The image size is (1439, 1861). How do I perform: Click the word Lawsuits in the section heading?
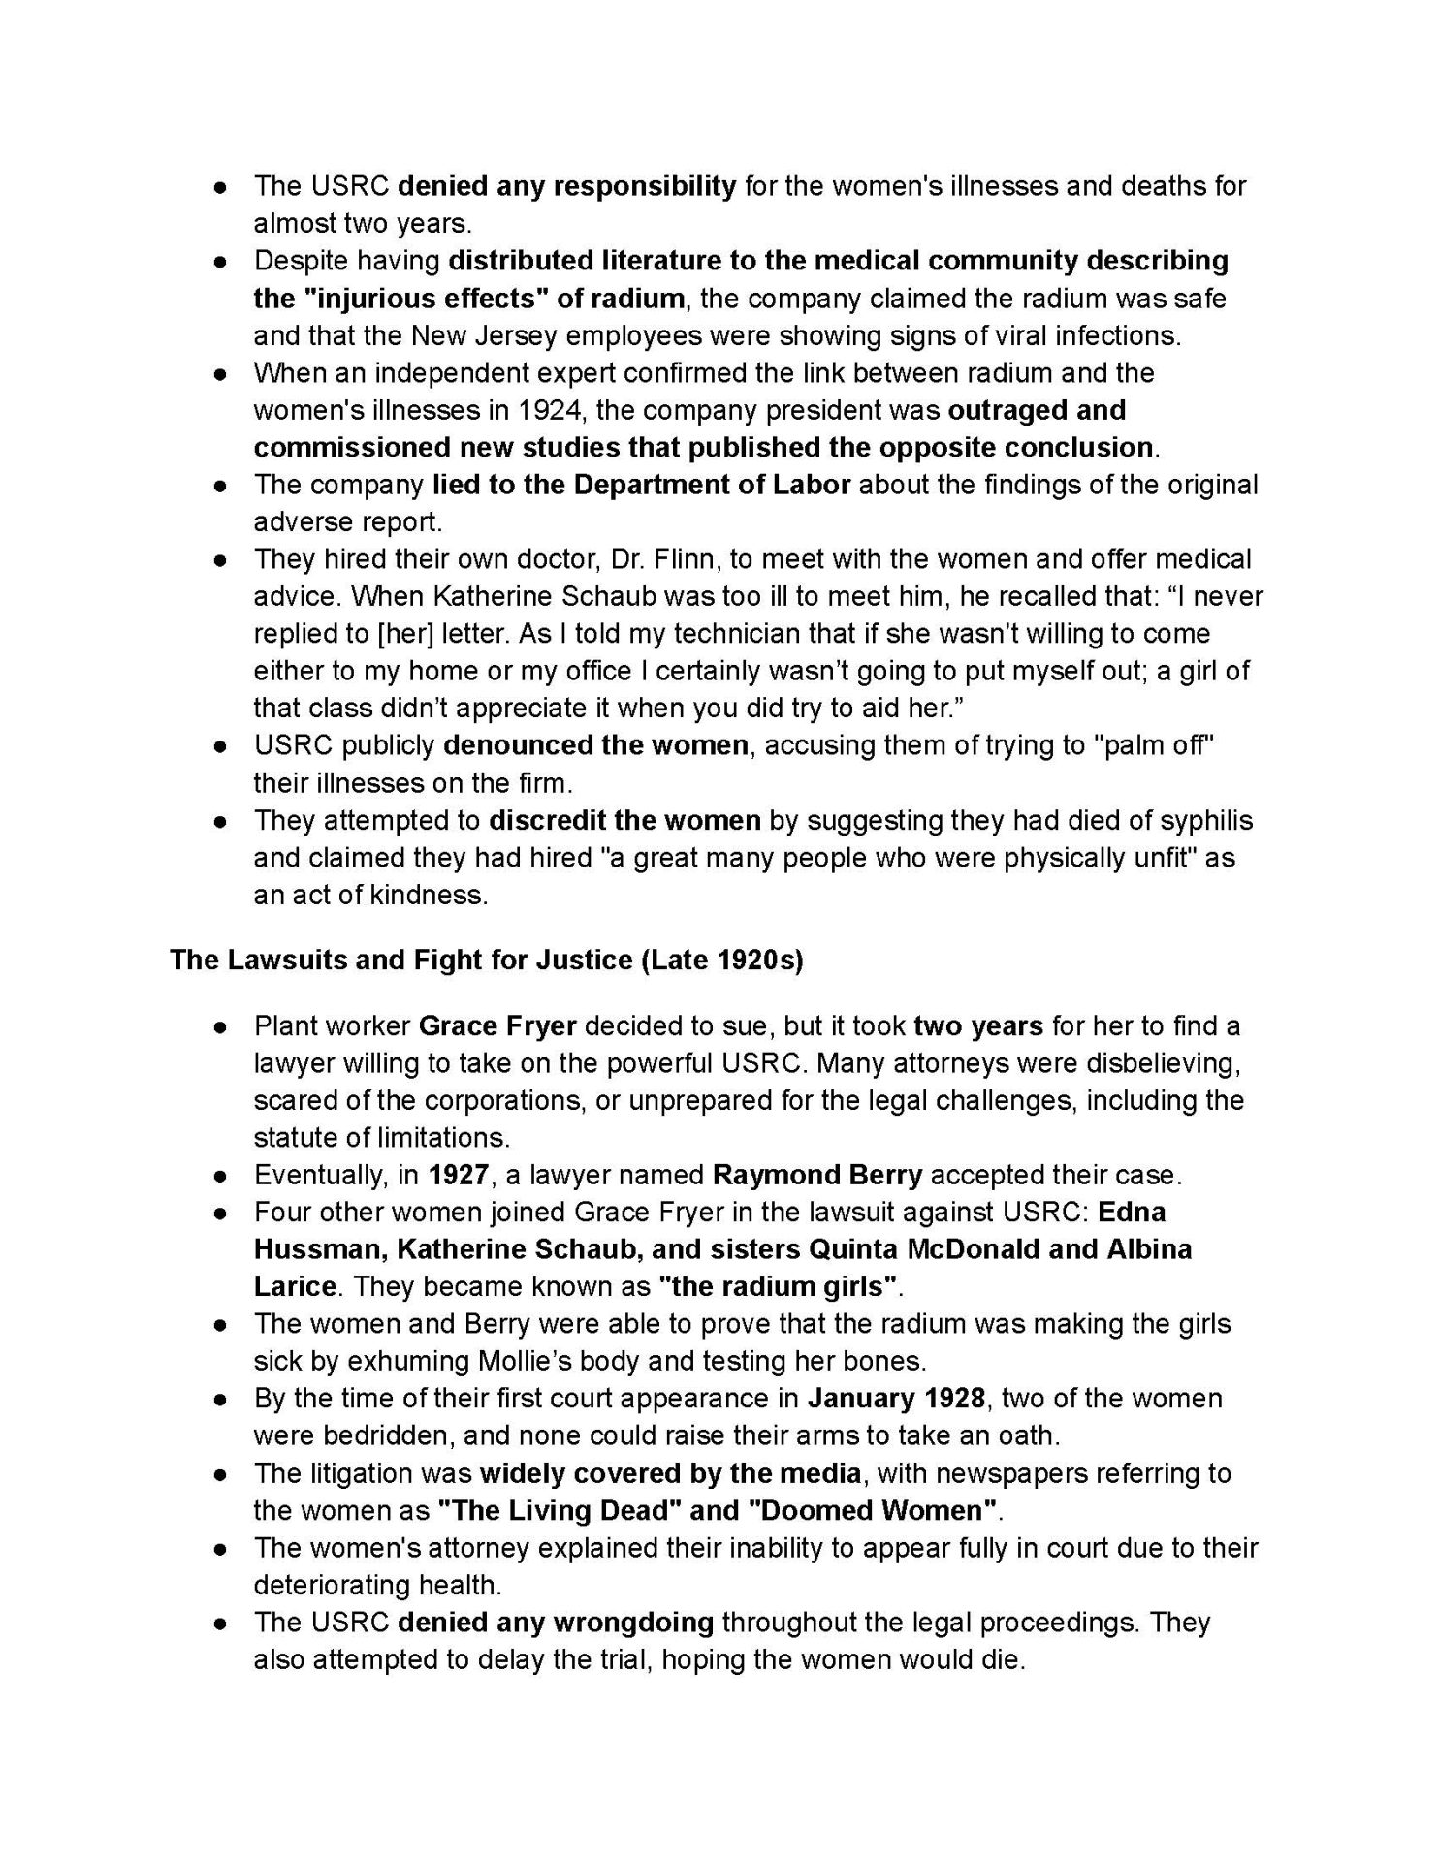pyautogui.click(x=272, y=961)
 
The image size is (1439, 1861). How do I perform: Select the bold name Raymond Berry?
pyautogui.click(x=816, y=1176)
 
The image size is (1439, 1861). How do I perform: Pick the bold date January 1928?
pyautogui.click(x=884, y=1399)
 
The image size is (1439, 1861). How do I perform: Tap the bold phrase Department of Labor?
pyautogui.click(x=712, y=485)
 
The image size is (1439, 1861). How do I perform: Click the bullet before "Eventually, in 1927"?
pyautogui.click(x=222, y=1177)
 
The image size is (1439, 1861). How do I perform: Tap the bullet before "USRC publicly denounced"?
pyautogui.click(x=222, y=747)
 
